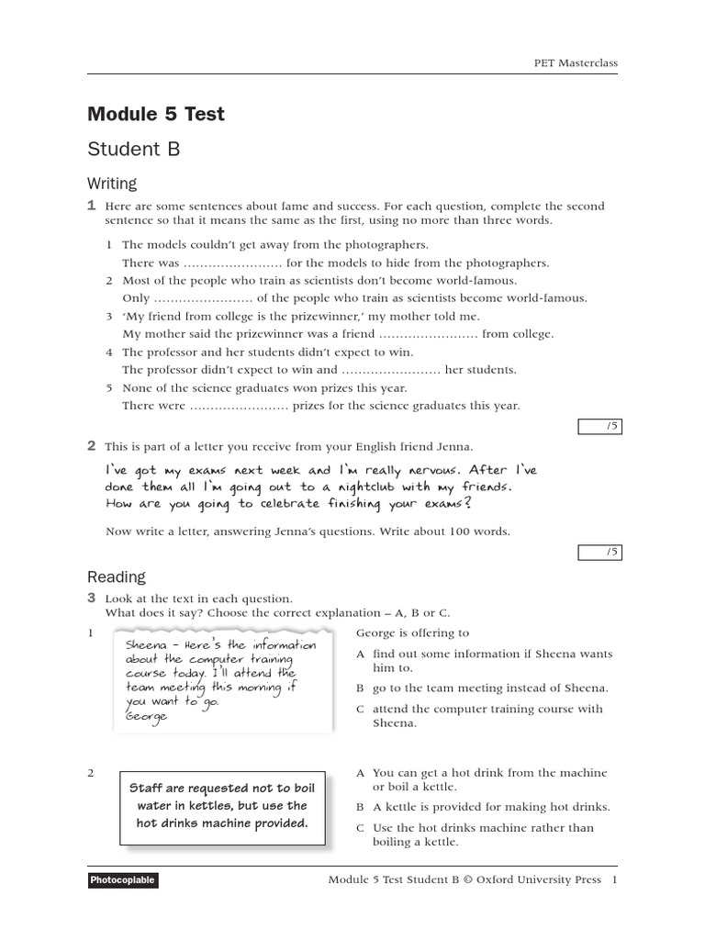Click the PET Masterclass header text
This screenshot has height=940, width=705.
click(x=576, y=63)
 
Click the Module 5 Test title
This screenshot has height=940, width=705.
click(x=155, y=115)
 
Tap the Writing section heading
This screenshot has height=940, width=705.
click(x=112, y=184)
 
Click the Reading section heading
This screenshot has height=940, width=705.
click(x=116, y=576)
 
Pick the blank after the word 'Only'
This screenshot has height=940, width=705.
click(x=203, y=298)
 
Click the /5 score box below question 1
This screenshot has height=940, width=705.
click(x=599, y=426)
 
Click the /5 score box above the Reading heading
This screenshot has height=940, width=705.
click(x=599, y=552)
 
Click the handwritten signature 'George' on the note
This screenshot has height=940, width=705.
click(x=149, y=716)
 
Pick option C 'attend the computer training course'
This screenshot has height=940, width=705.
click(x=487, y=715)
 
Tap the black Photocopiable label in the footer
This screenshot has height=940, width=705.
click(x=123, y=880)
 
